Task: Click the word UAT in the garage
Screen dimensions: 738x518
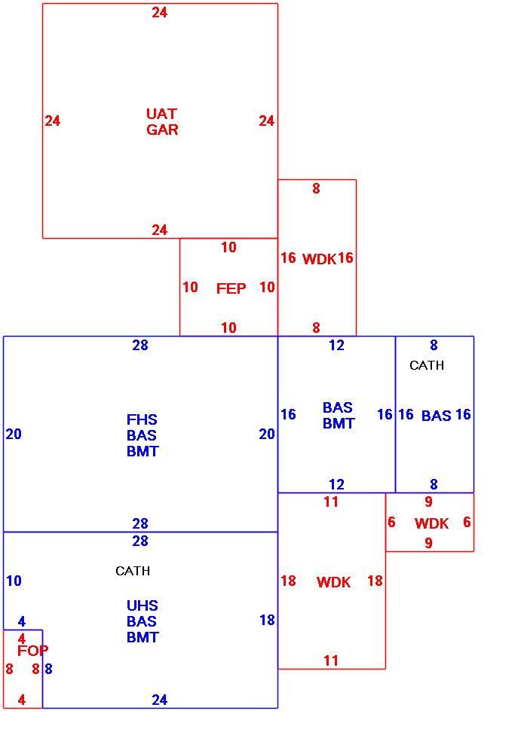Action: (x=161, y=114)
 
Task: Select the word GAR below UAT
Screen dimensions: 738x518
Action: (x=162, y=130)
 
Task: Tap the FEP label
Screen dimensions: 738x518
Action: (x=231, y=288)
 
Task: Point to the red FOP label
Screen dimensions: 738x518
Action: (x=32, y=651)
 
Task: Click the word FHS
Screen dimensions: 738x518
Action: (x=143, y=419)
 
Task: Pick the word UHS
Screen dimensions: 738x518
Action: (x=143, y=605)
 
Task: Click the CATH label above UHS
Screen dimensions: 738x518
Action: (x=133, y=571)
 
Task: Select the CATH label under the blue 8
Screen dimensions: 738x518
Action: (x=427, y=365)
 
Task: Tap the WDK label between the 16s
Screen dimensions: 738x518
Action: (x=319, y=259)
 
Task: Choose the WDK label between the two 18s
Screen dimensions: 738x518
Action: (x=333, y=582)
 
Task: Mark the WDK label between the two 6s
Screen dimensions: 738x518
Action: (x=431, y=523)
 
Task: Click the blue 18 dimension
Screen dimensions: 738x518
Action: (x=267, y=620)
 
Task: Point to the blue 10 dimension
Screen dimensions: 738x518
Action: (x=14, y=581)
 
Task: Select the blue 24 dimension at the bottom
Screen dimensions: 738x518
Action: (x=160, y=700)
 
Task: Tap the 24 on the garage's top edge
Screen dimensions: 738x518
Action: (x=160, y=12)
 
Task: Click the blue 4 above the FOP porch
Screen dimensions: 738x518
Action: (x=22, y=621)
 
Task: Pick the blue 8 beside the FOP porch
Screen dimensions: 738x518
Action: (x=48, y=669)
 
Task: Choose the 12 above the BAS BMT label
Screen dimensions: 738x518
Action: (x=336, y=346)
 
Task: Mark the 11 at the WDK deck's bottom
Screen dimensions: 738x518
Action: (x=331, y=660)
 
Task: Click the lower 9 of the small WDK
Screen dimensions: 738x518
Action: (x=428, y=542)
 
